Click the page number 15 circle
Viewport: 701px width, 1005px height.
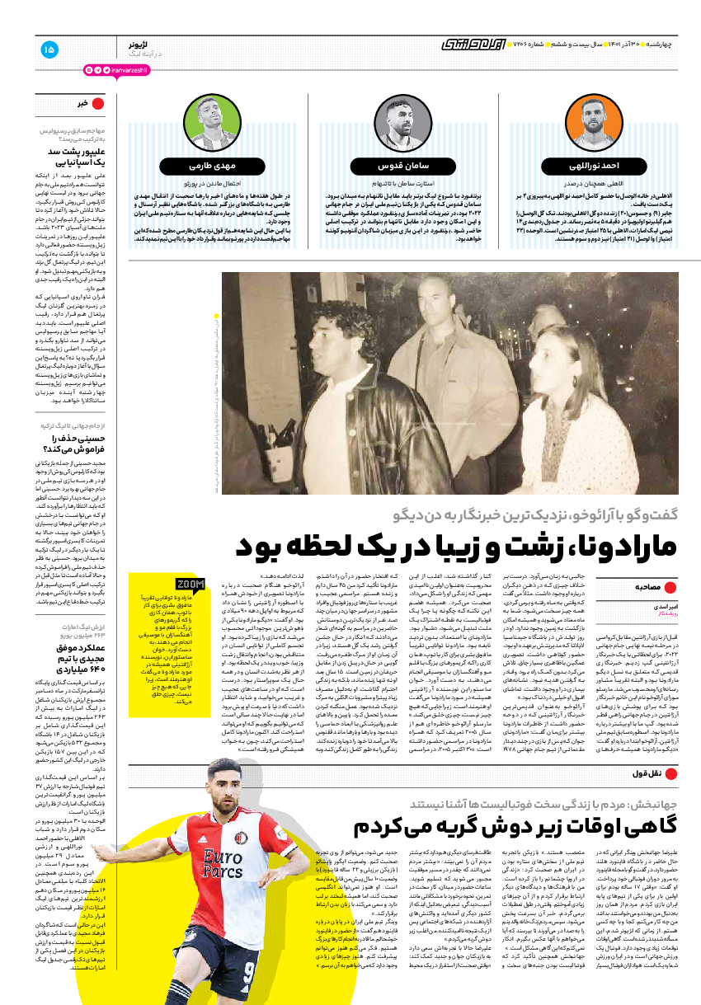(49, 49)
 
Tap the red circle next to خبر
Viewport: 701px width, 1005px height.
(98, 103)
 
